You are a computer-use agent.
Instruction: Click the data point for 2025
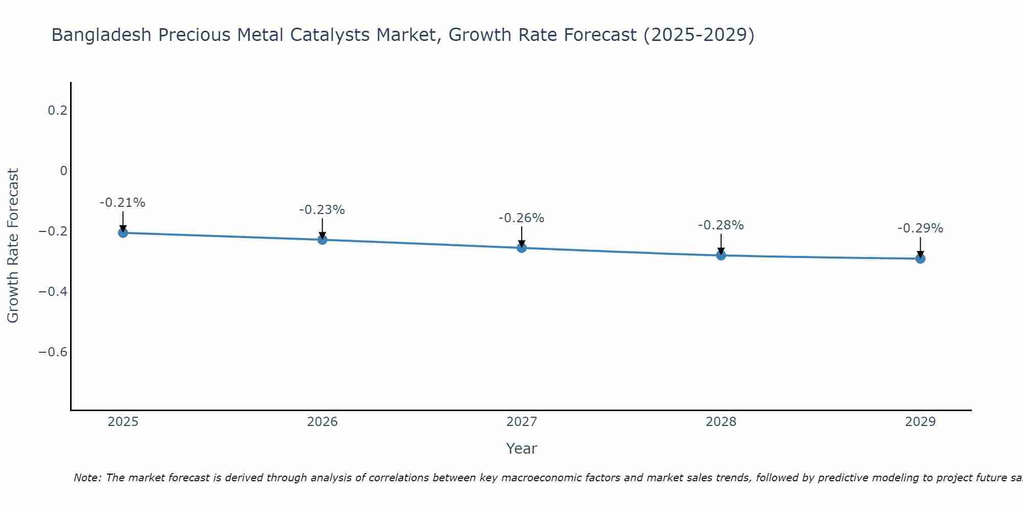pyautogui.click(x=123, y=233)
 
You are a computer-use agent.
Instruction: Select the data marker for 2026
pyautogui.click(x=322, y=240)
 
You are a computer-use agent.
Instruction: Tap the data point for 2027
pyautogui.click(x=522, y=248)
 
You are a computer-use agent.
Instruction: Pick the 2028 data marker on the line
pyautogui.click(x=721, y=255)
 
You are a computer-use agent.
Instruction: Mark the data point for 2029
pyautogui.click(x=920, y=259)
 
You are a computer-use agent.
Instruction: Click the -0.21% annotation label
pyautogui.click(x=122, y=203)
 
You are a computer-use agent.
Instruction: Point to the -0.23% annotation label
pyautogui.click(x=322, y=210)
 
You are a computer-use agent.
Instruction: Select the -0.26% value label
pyautogui.click(x=521, y=218)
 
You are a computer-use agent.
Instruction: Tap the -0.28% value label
pyautogui.click(x=721, y=225)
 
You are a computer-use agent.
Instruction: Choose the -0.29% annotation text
pyautogui.click(x=920, y=228)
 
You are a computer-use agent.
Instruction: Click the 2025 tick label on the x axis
pyautogui.click(x=123, y=422)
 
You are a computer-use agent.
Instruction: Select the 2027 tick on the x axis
pyautogui.click(x=522, y=422)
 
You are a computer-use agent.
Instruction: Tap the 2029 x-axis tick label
pyautogui.click(x=920, y=422)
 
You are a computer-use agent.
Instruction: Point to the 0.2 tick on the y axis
pyautogui.click(x=58, y=111)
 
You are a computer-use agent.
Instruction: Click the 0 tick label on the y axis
pyautogui.click(x=63, y=171)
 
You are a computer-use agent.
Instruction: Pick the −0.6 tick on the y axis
pyautogui.click(x=53, y=352)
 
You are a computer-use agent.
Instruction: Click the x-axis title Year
pyautogui.click(x=521, y=449)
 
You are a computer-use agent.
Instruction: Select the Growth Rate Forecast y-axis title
pyautogui.click(x=13, y=246)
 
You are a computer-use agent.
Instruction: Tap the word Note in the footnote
pyautogui.click(x=87, y=478)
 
